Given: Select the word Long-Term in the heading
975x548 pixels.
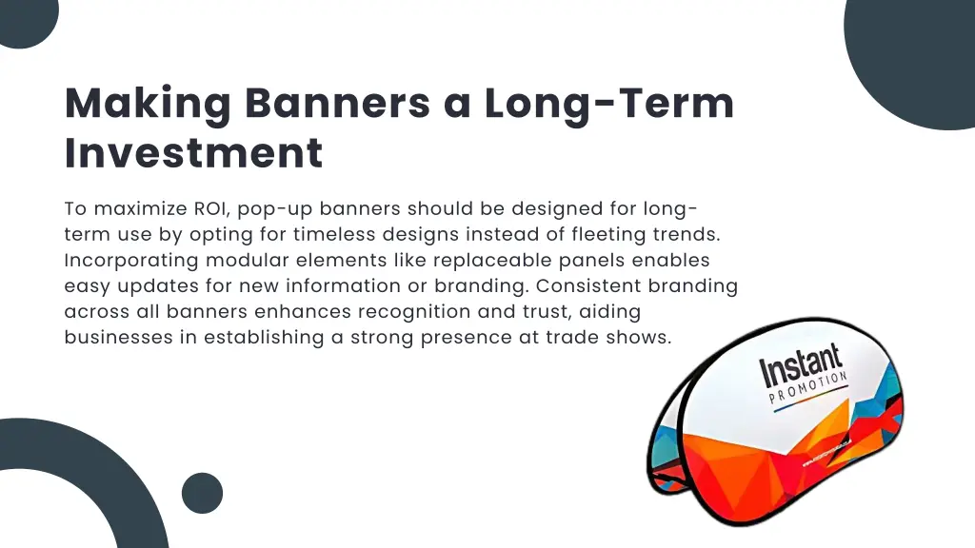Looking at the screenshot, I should pos(609,103).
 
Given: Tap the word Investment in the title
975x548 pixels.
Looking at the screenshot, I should pos(193,153).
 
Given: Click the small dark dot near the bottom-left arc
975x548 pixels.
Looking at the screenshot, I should pos(202,493).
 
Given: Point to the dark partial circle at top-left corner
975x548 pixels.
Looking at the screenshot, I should pos(24,19).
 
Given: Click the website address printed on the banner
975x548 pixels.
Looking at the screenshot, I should pos(838,455).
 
